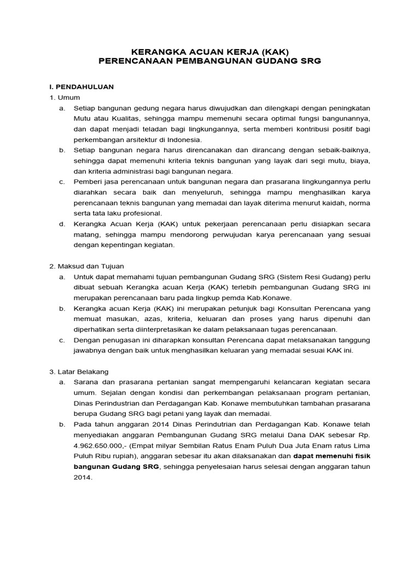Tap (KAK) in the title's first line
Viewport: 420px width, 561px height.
coord(271,51)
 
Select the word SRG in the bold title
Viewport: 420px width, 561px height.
coord(310,61)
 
